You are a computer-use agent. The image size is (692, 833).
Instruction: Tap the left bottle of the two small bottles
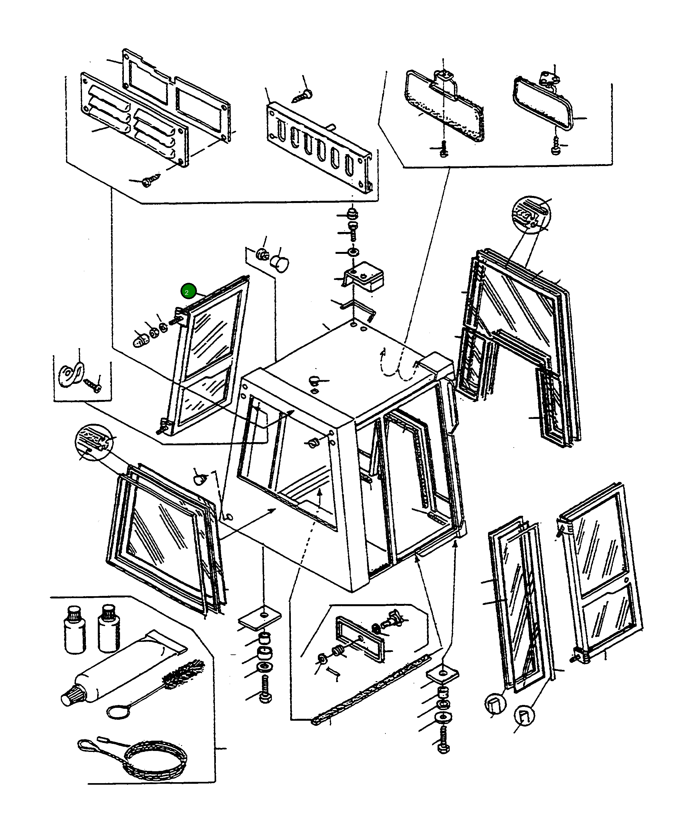[75, 630]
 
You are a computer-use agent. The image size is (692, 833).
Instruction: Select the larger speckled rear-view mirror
[444, 106]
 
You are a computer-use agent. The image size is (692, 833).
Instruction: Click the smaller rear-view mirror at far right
[543, 103]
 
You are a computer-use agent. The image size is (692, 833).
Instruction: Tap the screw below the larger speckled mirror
[444, 149]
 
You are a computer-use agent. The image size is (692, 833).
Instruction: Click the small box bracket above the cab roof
[364, 276]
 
